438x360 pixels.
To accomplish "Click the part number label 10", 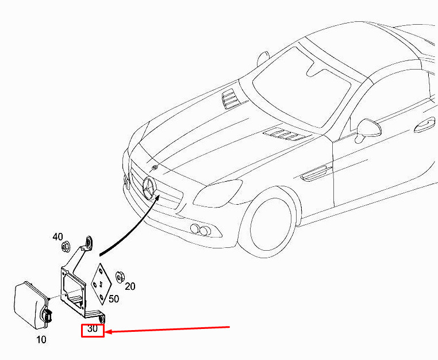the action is tap(41, 340).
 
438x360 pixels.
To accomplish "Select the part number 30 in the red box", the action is tap(93, 330).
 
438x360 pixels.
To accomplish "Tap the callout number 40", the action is tap(57, 237).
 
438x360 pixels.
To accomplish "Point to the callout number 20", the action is tap(130, 286).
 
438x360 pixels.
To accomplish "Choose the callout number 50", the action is tap(113, 299).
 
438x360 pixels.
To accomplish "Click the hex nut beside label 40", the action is tap(66, 248).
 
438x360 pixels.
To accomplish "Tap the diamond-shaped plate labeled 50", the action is tap(102, 284).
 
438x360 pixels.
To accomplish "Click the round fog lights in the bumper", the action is tap(200, 230).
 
